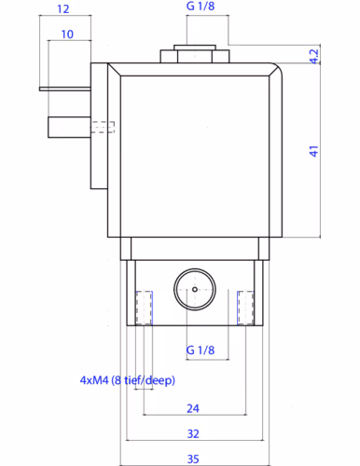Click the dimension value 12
pos(63,8)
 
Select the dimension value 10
pos(67,34)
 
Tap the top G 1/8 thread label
pos(201,6)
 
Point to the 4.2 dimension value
pos(314,56)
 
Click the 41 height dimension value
pos(314,151)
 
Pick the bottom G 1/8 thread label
pos(201,350)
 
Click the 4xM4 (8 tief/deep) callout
pos(128,380)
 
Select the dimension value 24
pos(193,408)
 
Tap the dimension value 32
pos(193,433)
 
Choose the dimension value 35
pos(193,459)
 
